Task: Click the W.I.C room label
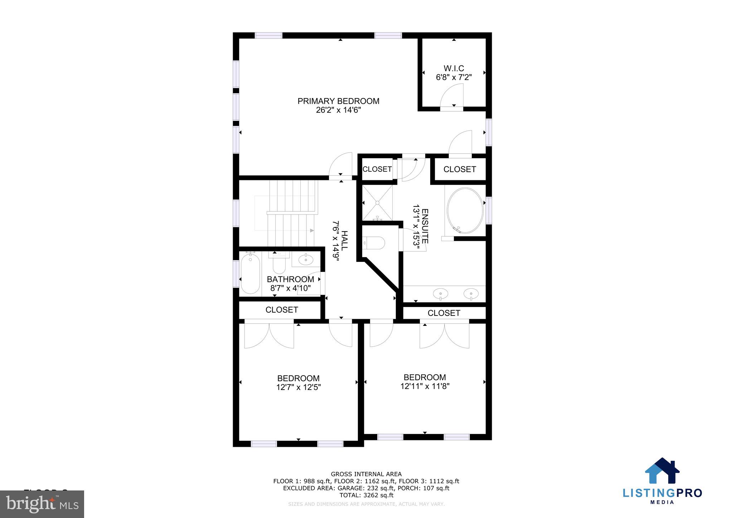454,68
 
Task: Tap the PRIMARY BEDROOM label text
338,101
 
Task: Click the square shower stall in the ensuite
377,203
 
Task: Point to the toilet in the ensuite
374,243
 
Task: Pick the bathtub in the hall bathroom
250,273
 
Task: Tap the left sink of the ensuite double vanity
440,294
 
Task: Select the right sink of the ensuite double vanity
471,294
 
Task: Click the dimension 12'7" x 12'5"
298,387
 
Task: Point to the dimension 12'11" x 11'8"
425,386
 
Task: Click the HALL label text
344,240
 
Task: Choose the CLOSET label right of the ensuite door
460,169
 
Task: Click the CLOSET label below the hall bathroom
282,310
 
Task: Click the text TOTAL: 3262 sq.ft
366,495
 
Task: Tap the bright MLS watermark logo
42,504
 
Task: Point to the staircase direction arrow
312,231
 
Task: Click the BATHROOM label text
290,279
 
